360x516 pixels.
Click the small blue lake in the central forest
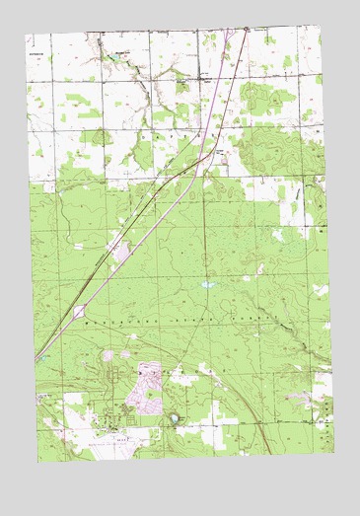click(x=206, y=284)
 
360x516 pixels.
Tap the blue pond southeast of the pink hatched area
click(x=175, y=418)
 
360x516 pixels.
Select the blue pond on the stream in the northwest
click(x=117, y=58)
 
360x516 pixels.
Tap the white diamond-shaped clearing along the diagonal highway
click(x=78, y=312)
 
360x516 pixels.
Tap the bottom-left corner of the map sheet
click(x=39, y=461)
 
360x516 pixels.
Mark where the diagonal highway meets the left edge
click(x=36, y=359)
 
